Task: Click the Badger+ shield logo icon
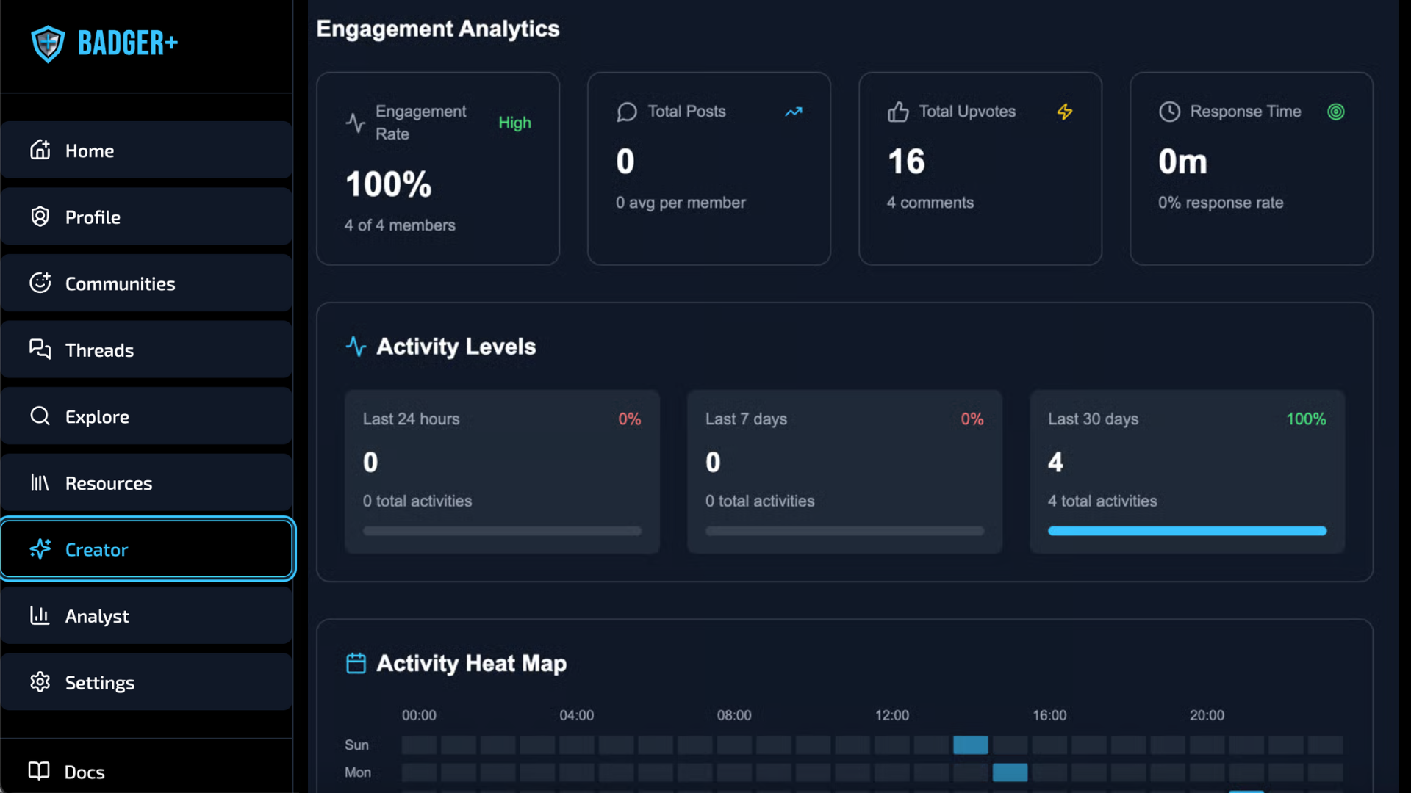[x=48, y=44]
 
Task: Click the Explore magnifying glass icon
[x=40, y=416]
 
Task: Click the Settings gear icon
[x=40, y=682]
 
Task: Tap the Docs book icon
[x=39, y=771]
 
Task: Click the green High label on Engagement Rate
[x=514, y=123]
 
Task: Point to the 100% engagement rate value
[x=389, y=184]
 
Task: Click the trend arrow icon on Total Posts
[x=794, y=112]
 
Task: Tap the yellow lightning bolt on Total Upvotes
[x=1065, y=112]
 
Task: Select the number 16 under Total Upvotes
[x=906, y=162]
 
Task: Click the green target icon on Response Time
[x=1336, y=112]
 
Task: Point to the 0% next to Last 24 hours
[x=629, y=419]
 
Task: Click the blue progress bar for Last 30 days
[x=1187, y=531]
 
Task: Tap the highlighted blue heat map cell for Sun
[x=971, y=745]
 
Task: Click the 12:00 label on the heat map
[x=892, y=715]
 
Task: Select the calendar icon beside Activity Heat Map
[x=356, y=663]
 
